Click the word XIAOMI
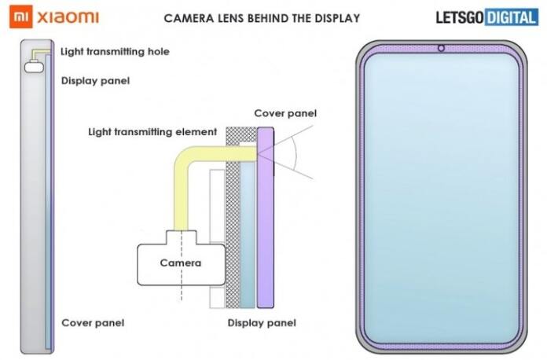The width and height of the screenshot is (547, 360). pyautogui.click(x=68, y=17)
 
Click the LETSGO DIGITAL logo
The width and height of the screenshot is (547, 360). pyautogui.click(x=487, y=17)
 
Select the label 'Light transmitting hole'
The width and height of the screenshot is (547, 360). pyautogui.click(x=115, y=52)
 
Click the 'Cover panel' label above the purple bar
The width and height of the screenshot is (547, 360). pyautogui.click(x=285, y=113)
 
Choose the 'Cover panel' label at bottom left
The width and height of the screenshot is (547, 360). pyautogui.click(x=93, y=322)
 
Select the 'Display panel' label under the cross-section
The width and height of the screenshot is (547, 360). pyautogui.click(x=262, y=322)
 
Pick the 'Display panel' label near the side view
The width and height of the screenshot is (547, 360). pyautogui.click(x=95, y=80)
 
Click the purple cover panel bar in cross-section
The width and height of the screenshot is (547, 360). pyautogui.click(x=265, y=220)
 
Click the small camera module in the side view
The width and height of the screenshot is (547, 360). pyautogui.click(x=34, y=68)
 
